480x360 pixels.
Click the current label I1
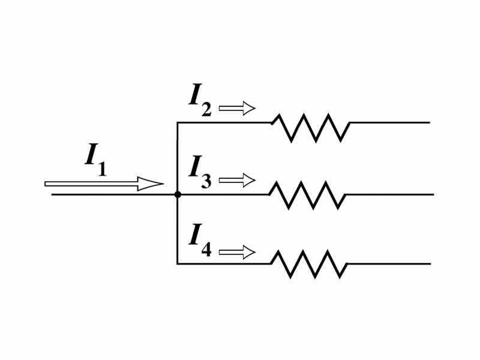point(95,159)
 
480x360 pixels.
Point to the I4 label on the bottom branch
point(200,239)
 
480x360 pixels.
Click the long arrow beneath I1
point(104,184)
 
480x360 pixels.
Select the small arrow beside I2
point(237,108)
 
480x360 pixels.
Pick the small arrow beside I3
point(237,179)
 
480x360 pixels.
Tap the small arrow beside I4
point(237,252)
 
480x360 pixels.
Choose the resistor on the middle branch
point(307,195)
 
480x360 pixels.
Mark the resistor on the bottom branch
point(309,264)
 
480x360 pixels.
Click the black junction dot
point(178,194)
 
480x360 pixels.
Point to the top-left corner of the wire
point(178,122)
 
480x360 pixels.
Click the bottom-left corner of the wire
point(178,263)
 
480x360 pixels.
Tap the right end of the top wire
point(429,122)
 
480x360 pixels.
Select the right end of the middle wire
point(433,194)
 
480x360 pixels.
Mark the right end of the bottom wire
point(430,263)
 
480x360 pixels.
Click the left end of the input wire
point(52,194)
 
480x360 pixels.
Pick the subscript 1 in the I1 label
point(102,169)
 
